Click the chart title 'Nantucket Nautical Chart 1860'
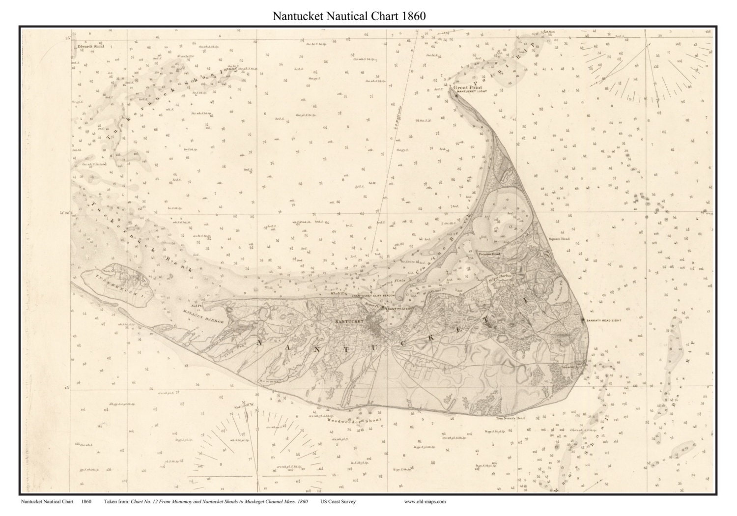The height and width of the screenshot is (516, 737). [x=349, y=16]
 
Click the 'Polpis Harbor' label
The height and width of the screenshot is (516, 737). [x=500, y=277]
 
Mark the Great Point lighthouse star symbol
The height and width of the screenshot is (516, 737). [x=456, y=95]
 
